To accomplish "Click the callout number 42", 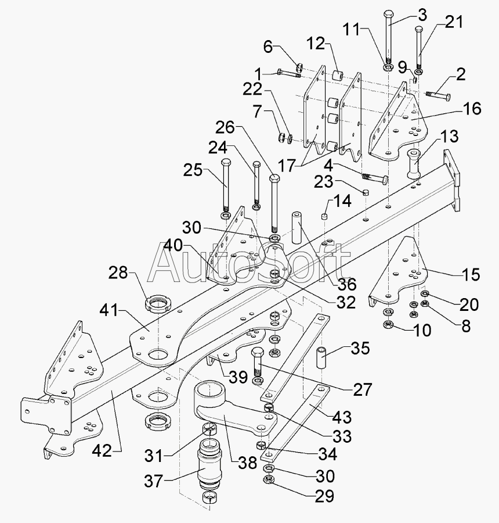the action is [x=102, y=451].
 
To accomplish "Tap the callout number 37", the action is [x=153, y=481].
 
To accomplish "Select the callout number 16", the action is [x=472, y=109].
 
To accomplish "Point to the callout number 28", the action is [x=118, y=273].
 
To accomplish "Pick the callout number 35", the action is [x=360, y=348].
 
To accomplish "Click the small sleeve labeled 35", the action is [x=321, y=358].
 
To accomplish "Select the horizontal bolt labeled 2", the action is [x=438, y=95].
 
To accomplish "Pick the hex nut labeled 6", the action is [x=299, y=67].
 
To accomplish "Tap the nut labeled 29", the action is [x=269, y=479].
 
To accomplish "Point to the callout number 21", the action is [x=454, y=22].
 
